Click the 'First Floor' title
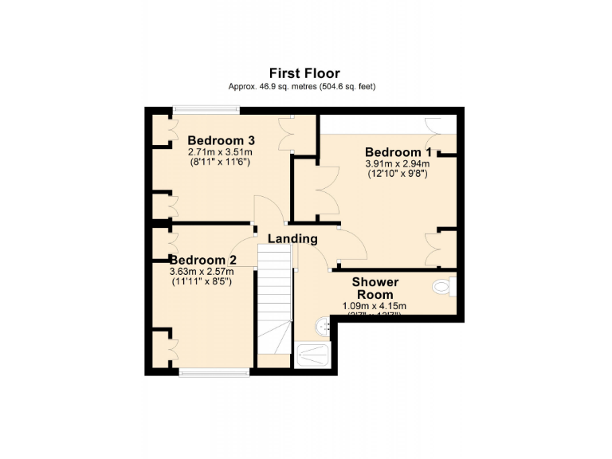pyautogui.click(x=305, y=73)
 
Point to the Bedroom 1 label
pyautogui.click(x=398, y=152)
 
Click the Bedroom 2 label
pyautogui.click(x=202, y=260)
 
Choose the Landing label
pyautogui.click(x=292, y=238)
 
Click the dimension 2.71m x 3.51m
pyautogui.click(x=220, y=151)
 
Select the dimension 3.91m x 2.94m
pyautogui.click(x=397, y=164)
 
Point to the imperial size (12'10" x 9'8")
pyautogui.click(x=397, y=174)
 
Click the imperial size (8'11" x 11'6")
pyautogui.click(x=220, y=161)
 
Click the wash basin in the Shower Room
pyautogui.click(x=322, y=325)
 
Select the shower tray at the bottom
pyautogui.click(x=316, y=355)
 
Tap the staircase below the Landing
pyautogui.click(x=275, y=303)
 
